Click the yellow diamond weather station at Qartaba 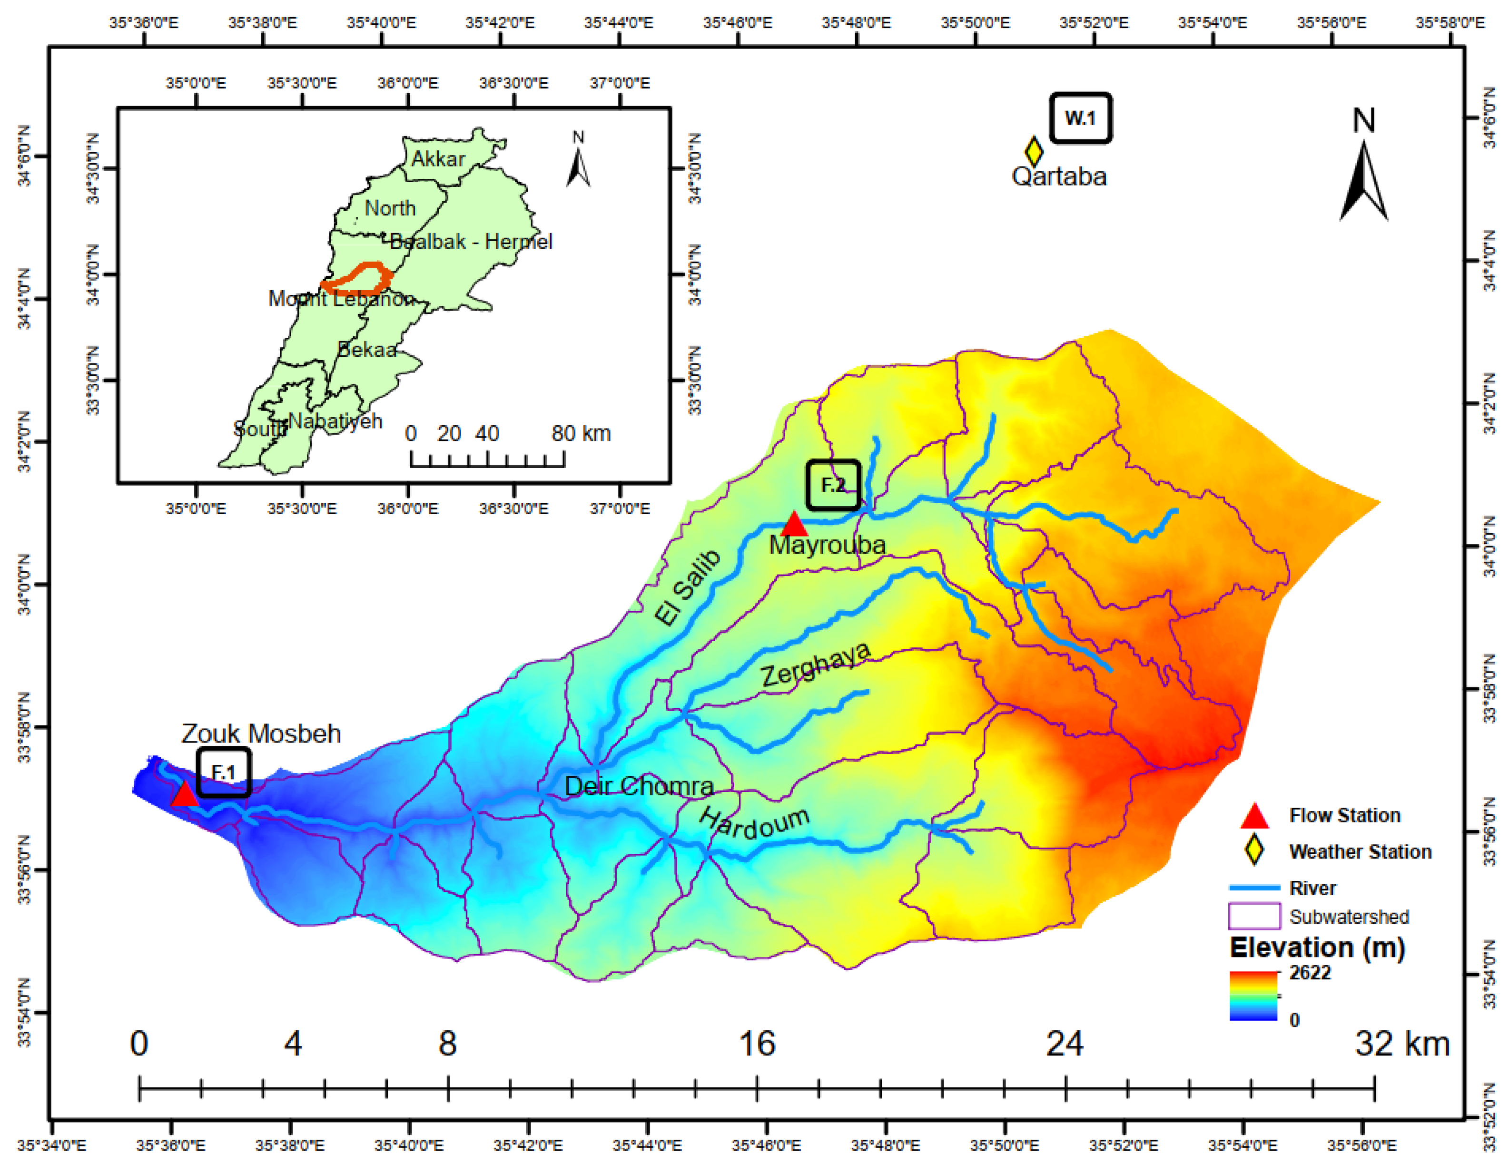(x=1033, y=151)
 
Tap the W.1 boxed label (x=1081, y=118)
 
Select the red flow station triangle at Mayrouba (x=794, y=524)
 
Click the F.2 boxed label (x=833, y=485)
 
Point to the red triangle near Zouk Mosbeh (x=185, y=795)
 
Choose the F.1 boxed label (x=223, y=772)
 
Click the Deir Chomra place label (x=639, y=786)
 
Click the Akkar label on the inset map (x=438, y=159)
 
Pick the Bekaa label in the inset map (x=367, y=350)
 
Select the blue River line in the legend (x=1254, y=888)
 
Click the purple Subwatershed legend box (x=1254, y=917)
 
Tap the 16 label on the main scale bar (x=757, y=1044)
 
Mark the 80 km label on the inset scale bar (x=581, y=434)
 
